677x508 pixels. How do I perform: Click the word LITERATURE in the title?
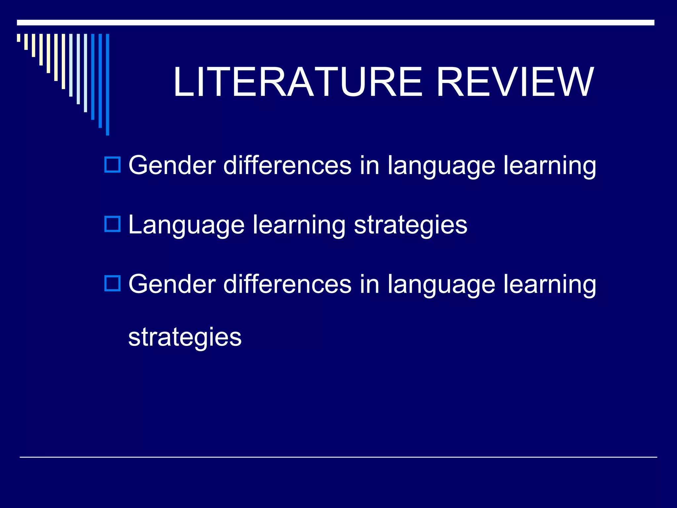tap(298, 82)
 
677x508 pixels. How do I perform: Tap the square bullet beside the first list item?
tap(112, 164)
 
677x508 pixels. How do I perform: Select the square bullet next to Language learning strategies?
tap(112, 224)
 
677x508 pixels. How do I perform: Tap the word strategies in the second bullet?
tap(411, 225)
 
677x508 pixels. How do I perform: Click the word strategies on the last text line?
tap(185, 337)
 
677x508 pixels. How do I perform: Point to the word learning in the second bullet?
tap(299, 225)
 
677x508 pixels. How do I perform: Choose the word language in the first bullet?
tap(441, 165)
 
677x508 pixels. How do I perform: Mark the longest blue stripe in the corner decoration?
tap(107, 84)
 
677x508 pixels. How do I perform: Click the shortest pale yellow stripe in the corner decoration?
tap(19, 38)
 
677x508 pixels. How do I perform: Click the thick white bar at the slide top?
tap(336, 22)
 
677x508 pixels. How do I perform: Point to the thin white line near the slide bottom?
tap(338, 457)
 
